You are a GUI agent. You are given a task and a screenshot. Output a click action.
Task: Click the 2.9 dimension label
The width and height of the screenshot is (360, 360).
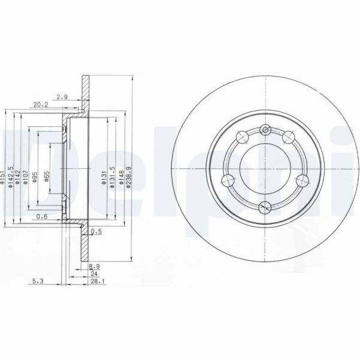click(x=62, y=96)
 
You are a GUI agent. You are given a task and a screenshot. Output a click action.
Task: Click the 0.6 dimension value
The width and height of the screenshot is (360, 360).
click(x=42, y=217)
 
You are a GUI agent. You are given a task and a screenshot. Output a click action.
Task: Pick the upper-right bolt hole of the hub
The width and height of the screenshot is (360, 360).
click(x=288, y=135)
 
